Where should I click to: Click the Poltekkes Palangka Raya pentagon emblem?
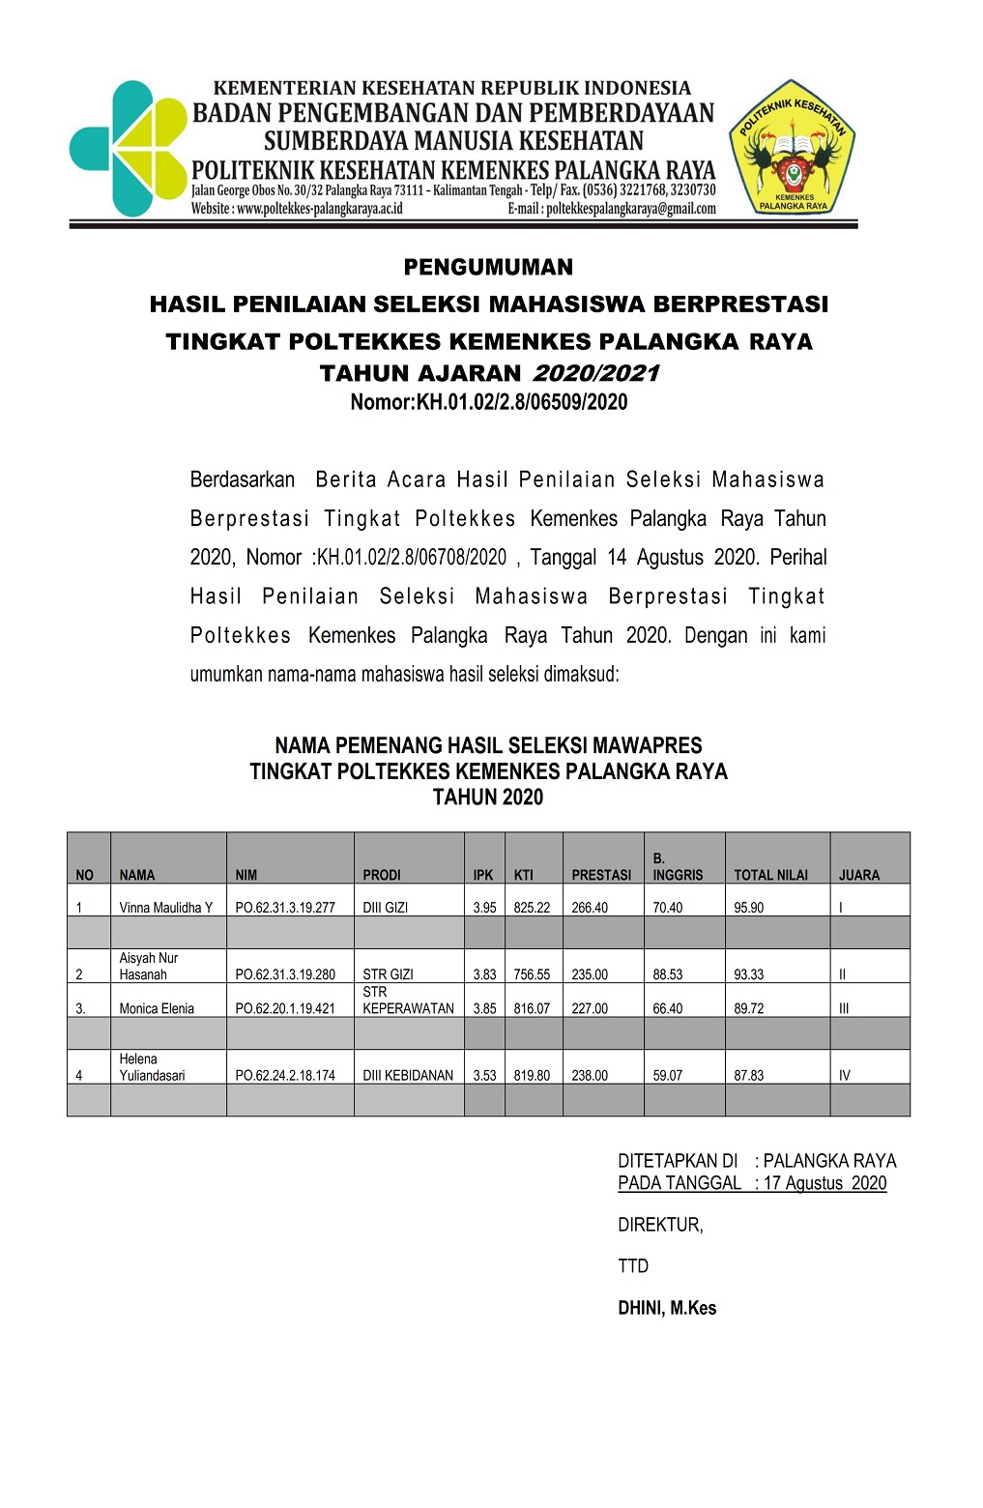pos(793,148)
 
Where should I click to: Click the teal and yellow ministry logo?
pos(128,148)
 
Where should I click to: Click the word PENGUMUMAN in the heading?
pos(488,267)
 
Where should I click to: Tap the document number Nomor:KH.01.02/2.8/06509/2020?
pos(488,402)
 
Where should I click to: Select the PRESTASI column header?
pos(601,875)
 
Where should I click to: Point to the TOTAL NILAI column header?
pos(770,875)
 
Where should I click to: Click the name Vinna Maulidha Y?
pos(165,908)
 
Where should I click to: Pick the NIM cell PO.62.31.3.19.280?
pos(285,974)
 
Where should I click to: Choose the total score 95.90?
pos(748,908)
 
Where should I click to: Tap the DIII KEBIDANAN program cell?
pos(408,1075)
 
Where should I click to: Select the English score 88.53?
pos(667,974)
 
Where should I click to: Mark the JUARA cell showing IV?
pos(845,1075)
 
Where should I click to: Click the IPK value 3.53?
pos(484,1075)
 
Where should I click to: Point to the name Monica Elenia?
pos(157,1008)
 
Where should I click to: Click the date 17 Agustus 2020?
pos(824,1183)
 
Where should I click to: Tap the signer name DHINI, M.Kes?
pos(667,1308)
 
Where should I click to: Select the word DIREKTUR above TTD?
pos(660,1225)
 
